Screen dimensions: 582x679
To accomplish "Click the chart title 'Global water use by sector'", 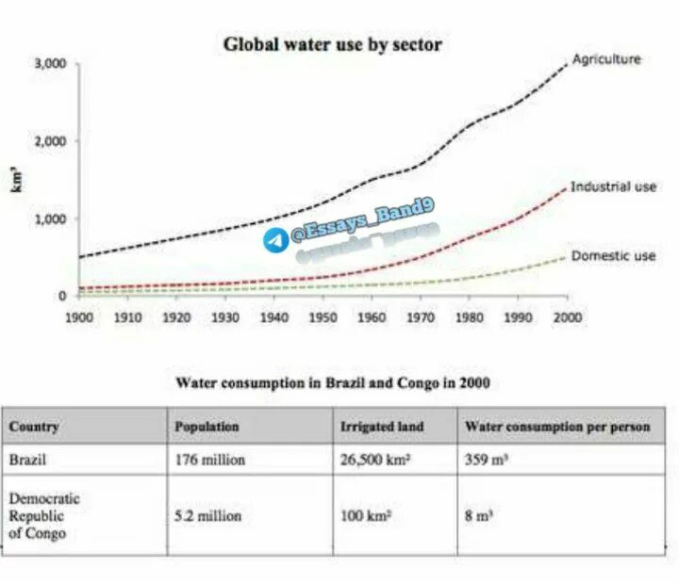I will tap(332, 44).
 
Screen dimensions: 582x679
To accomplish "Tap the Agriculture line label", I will tap(606, 58).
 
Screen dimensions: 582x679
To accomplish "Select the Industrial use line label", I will tap(613, 186).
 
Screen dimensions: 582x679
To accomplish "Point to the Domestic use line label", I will tap(613, 255).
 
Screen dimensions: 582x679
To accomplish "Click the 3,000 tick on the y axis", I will tap(49, 64).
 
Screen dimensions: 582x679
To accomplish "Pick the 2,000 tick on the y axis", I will tap(49, 141).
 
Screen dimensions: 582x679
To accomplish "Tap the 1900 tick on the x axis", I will tap(79, 317).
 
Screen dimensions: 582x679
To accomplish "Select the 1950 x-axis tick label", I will tap(323, 317).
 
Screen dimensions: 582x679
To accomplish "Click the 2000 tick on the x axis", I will tap(567, 317).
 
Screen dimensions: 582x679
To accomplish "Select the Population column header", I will tap(207, 427).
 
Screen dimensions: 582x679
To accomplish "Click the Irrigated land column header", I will tap(382, 427).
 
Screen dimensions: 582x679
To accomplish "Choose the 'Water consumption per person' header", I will tap(557, 427).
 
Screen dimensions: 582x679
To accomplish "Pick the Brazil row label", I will tap(27, 461).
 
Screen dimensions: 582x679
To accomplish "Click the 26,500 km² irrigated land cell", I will tap(378, 461).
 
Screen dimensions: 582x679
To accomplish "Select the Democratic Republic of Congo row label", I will tap(44, 516).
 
